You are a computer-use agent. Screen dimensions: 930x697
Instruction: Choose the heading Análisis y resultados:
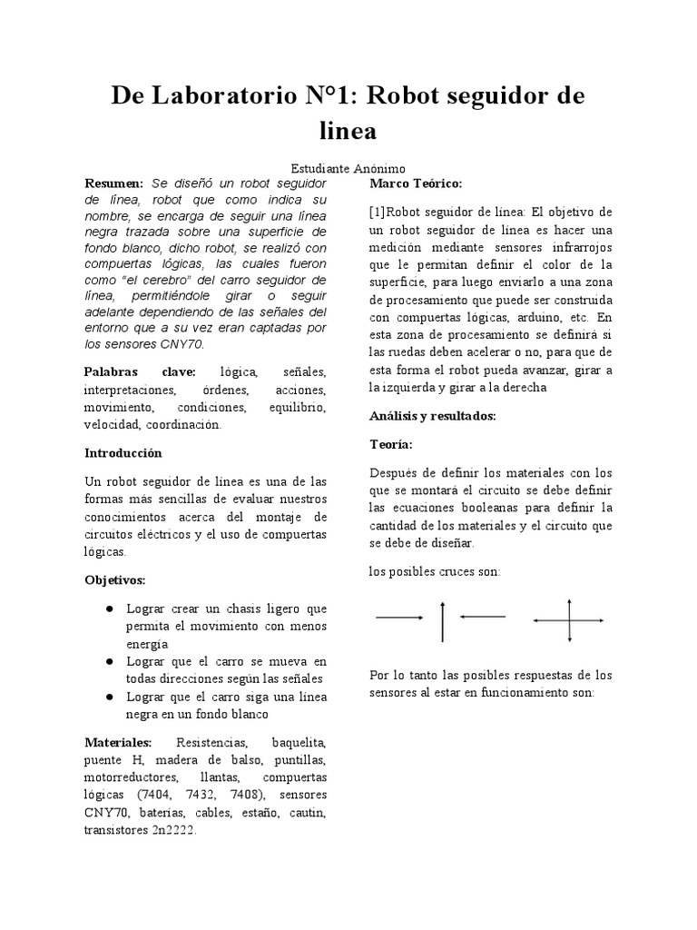point(432,415)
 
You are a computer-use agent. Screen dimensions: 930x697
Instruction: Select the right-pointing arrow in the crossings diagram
point(399,618)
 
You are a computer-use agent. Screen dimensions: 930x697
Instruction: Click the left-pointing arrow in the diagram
point(482,618)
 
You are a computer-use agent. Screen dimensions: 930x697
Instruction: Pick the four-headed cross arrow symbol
point(569,620)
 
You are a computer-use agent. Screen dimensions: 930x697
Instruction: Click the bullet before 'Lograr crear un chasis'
point(109,608)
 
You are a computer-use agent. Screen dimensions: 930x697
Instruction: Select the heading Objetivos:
point(114,579)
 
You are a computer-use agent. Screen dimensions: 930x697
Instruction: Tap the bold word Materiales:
point(118,743)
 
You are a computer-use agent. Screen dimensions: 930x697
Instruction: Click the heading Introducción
point(123,452)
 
